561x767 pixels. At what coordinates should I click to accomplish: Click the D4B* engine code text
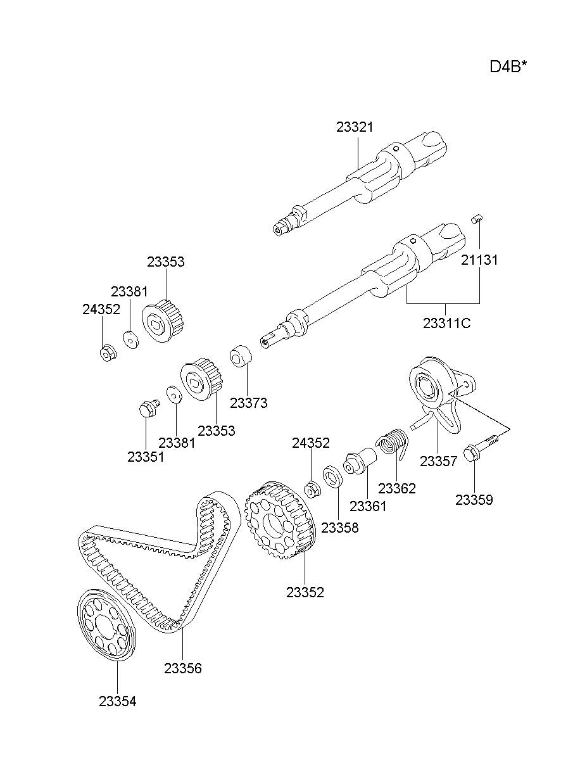pyautogui.click(x=508, y=67)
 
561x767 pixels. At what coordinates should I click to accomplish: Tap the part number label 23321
pyautogui.click(x=355, y=127)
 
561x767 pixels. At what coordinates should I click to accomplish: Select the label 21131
pyautogui.click(x=479, y=260)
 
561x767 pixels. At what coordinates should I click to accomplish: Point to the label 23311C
pyautogui.click(x=447, y=323)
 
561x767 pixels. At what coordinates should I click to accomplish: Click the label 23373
pyautogui.click(x=248, y=402)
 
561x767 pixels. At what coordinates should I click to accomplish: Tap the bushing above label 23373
pyautogui.click(x=240, y=356)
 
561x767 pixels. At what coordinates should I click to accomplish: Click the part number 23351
pyautogui.click(x=146, y=457)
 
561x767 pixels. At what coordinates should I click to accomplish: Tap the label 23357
pyautogui.click(x=438, y=461)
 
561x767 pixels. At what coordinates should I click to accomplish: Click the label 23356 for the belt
pyautogui.click(x=182, y=668)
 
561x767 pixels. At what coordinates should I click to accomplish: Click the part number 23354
pyautogui.click(x=117, y=701)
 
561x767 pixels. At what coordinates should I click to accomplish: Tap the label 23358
pyautogui.click(x=339, y=528)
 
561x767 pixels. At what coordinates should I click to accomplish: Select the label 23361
pyautogui.click(x=368, y=506)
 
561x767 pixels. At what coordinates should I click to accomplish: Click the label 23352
pyautogui.click(x=305, y=592)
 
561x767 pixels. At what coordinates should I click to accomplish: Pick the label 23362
pyautogui.click(x=397, y=488)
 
